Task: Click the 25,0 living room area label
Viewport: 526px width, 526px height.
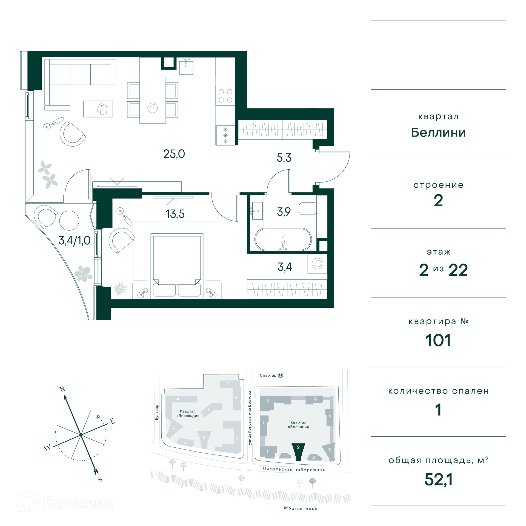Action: point(174,154)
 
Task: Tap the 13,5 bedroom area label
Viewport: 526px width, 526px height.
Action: point(175,214)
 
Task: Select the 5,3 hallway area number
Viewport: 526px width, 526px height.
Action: point(284,158)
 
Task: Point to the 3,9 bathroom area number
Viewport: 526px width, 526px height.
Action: point(284,211)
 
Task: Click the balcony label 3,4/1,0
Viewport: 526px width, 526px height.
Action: point(75,241)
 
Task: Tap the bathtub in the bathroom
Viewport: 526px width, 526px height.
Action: point(283,239)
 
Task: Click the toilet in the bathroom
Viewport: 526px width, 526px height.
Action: point(307,209)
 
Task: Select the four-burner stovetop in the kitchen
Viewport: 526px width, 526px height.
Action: point(225,96)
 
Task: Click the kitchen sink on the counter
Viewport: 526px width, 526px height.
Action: point(186,67)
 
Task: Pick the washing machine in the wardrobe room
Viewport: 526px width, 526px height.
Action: point(317,264)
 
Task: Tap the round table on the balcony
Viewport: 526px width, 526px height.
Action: point(69,221)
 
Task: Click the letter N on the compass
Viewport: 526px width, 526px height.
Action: point(62,389)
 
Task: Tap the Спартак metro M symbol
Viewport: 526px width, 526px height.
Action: point(281,375)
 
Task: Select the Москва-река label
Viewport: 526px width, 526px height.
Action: point(301,508)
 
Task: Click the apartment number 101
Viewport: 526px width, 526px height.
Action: point(438,340)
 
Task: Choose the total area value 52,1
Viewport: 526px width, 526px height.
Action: point(438,479)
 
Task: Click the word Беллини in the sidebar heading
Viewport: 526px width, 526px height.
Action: point(438,133)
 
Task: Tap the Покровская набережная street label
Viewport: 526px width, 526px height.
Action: point(294,469)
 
